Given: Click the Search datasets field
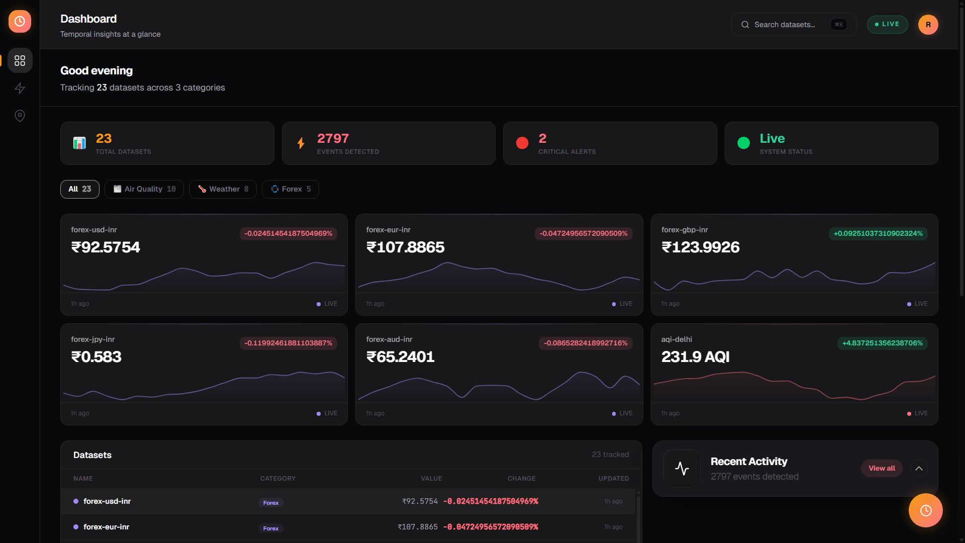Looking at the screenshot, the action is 794,25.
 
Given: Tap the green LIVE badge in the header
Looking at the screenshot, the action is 887,25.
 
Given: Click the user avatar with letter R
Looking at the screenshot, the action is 928,25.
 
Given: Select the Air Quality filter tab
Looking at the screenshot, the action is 144,189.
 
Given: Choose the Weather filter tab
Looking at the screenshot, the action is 223,189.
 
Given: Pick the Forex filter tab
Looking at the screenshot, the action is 291,189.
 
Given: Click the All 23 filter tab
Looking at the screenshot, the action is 80,189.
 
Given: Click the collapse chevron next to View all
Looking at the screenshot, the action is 919,469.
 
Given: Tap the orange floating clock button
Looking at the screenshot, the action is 925,510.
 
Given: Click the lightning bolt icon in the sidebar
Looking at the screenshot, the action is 20,88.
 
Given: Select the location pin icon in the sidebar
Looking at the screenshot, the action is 20,116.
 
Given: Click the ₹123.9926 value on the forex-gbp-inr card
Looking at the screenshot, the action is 700,247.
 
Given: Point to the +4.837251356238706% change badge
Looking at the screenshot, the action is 883,343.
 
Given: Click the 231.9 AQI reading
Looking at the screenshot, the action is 695,357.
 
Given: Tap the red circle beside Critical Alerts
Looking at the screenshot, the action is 522,143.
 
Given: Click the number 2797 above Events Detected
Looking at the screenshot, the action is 333,138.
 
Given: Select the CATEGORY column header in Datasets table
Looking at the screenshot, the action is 278,479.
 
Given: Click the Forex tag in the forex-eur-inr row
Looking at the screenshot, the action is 271,528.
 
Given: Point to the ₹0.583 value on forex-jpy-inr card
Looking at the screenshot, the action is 96,357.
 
